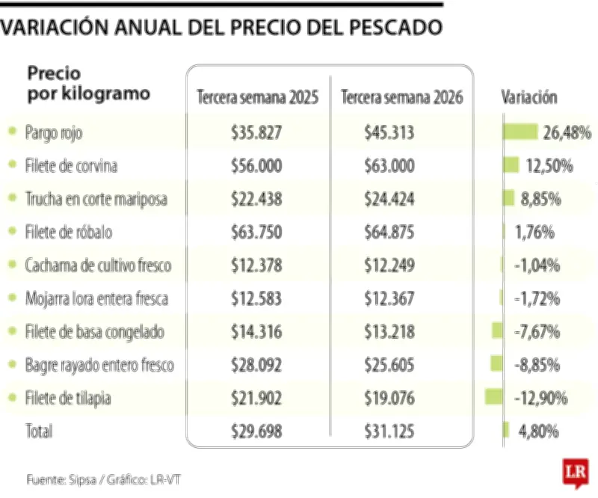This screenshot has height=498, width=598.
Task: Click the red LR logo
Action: [576, 473]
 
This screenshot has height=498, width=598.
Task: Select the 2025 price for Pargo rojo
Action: [256, 132]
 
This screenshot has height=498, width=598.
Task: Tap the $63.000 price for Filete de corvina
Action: [389, 166]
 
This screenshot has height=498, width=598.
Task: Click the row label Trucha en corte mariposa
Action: [96, 199]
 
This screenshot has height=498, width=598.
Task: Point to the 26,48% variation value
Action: [567, 132]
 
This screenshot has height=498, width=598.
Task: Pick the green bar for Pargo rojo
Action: [520, 132]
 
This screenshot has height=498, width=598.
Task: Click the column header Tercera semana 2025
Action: [257, 98]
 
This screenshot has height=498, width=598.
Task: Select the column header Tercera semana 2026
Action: [401, 98]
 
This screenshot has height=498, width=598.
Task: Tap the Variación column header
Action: [528, 98]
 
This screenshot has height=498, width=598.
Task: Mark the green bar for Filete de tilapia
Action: [494, 397]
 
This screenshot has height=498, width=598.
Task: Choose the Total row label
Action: [39, 431]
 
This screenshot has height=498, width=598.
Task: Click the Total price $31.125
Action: [389, 431]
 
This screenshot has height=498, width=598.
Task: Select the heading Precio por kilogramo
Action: [88, 84]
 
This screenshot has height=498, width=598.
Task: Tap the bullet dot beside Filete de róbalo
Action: [12, 232]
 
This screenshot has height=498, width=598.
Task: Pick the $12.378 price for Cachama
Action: [256, 265]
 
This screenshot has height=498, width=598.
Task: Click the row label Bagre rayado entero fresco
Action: [99, 365]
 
